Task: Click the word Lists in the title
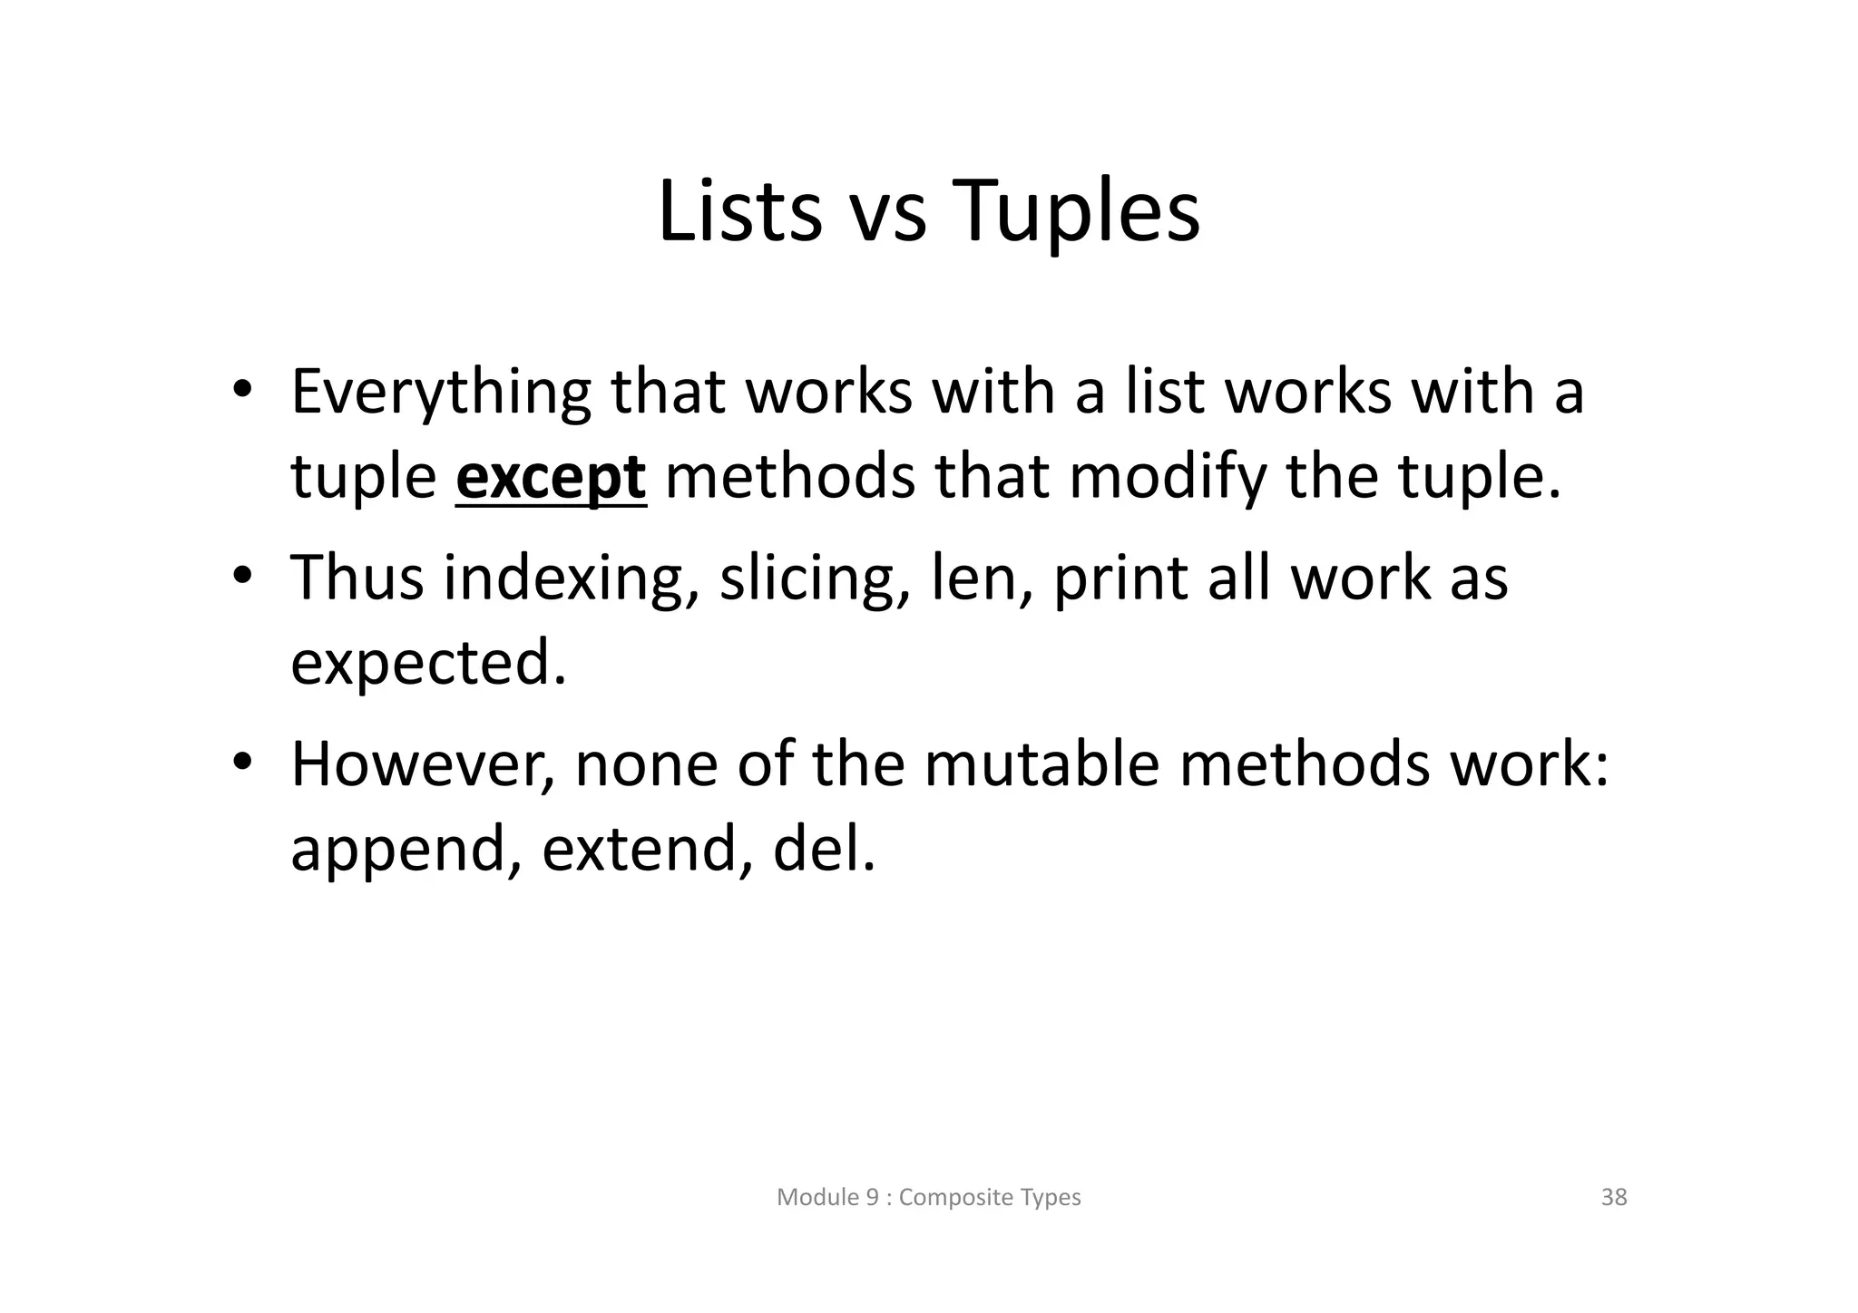pyautogui.click(x=739, y=211)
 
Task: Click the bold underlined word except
pyautogui.click(x=551, y=478)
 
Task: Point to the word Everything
pyautogui.click(x=440, y=393)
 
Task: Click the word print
pyautogui.click(x=1119, y=578)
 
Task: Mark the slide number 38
pyautogui.click(x=1614, y=1197)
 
